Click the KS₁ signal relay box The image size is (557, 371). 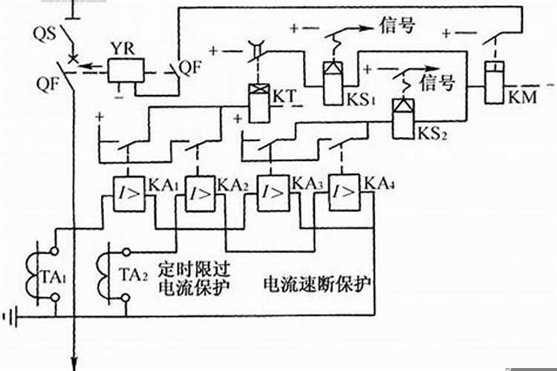click(331, 83)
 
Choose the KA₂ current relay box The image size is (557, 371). click(198, 194)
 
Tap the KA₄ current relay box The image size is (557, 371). click(344, 194)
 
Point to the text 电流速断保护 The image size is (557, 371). click(316, 283)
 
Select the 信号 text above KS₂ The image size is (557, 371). click(436, 82)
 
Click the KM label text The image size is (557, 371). click(523, 97)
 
